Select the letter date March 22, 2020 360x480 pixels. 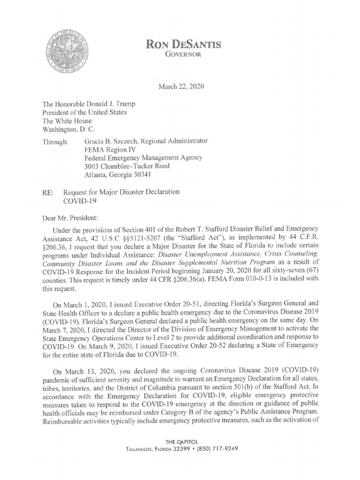tap(180, 87)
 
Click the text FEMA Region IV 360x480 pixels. tap(106, 150)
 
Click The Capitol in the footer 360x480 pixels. tap(180, 442)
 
